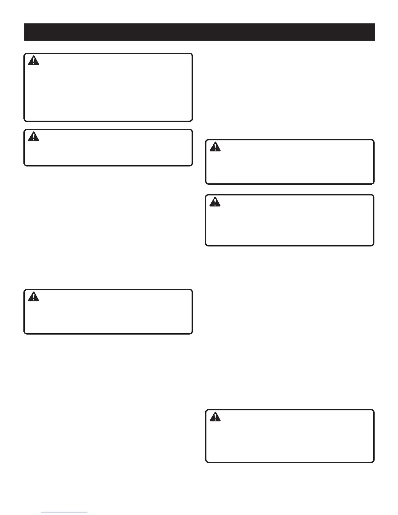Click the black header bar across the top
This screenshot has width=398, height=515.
coord(199,32)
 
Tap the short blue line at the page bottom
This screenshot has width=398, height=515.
coord(65,512)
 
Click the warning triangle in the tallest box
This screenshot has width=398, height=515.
coord(33,61)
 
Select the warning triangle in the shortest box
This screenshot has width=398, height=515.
coord(33,137)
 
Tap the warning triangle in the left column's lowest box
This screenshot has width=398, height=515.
coord(33,297)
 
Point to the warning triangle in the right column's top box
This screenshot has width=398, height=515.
coord(215,147)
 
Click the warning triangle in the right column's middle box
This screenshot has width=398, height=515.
coord(215,202)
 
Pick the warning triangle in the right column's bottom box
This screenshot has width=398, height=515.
coord(215,417)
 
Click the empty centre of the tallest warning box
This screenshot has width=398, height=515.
coord(108,87)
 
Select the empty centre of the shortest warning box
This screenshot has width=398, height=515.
coord(108,148)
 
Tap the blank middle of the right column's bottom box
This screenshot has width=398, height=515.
coord(290,436)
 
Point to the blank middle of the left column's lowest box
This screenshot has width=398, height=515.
coord(108,312)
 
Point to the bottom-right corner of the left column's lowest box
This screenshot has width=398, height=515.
coord(192,333)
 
